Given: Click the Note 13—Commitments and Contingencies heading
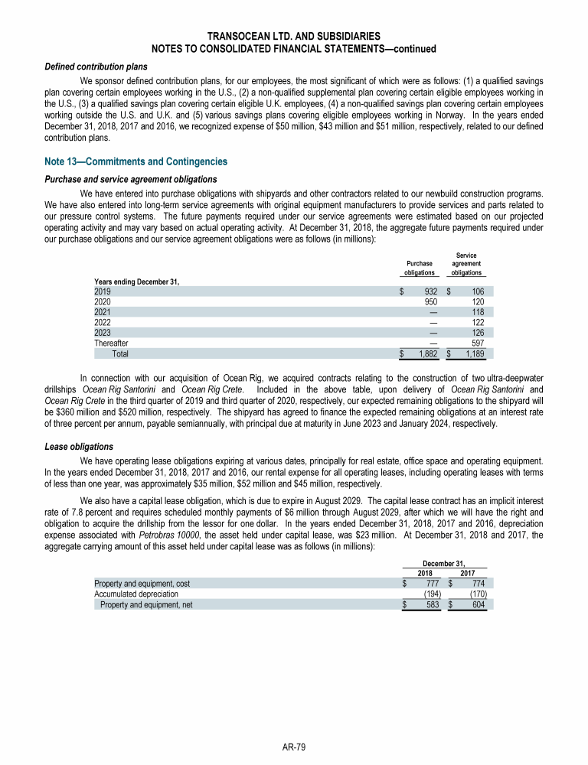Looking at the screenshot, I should tap(136, 161).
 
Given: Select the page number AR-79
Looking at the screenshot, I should tap(294, 747).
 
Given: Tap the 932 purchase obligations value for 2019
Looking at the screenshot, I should tap(429, 291).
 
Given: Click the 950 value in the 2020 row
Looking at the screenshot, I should tap(429, 301).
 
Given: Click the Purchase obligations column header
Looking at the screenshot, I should tap(420, 268).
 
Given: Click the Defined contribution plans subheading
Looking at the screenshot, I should tap(96, 67).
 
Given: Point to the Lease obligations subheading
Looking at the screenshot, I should tap(79, 446).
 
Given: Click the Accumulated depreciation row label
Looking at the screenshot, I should tap(136, 593).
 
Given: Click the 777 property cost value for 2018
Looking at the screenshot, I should tap(432, 583).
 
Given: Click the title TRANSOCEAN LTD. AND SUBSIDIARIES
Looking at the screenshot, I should tap(294, 37).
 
